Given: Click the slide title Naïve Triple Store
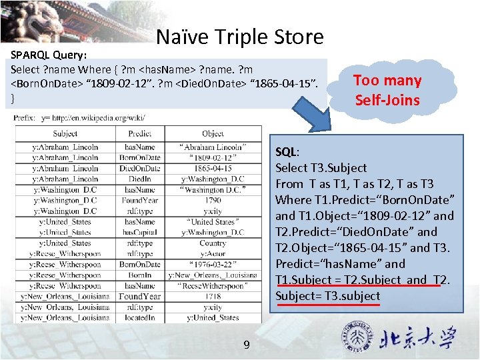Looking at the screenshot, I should (x=239, y=37).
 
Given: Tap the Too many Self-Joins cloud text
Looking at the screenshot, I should (x=387, y=91).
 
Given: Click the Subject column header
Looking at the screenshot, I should (x=65, y=133).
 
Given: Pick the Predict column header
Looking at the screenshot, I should (x=139, y=133).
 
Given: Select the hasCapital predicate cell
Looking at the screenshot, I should (x=139, y=232).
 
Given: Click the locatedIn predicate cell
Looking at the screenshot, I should (x=139, y=317).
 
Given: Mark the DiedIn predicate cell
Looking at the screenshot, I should (x=139, y=179).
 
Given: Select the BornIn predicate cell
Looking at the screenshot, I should (x=139, y=275).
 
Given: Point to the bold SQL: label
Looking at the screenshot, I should (x=287, y=151).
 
